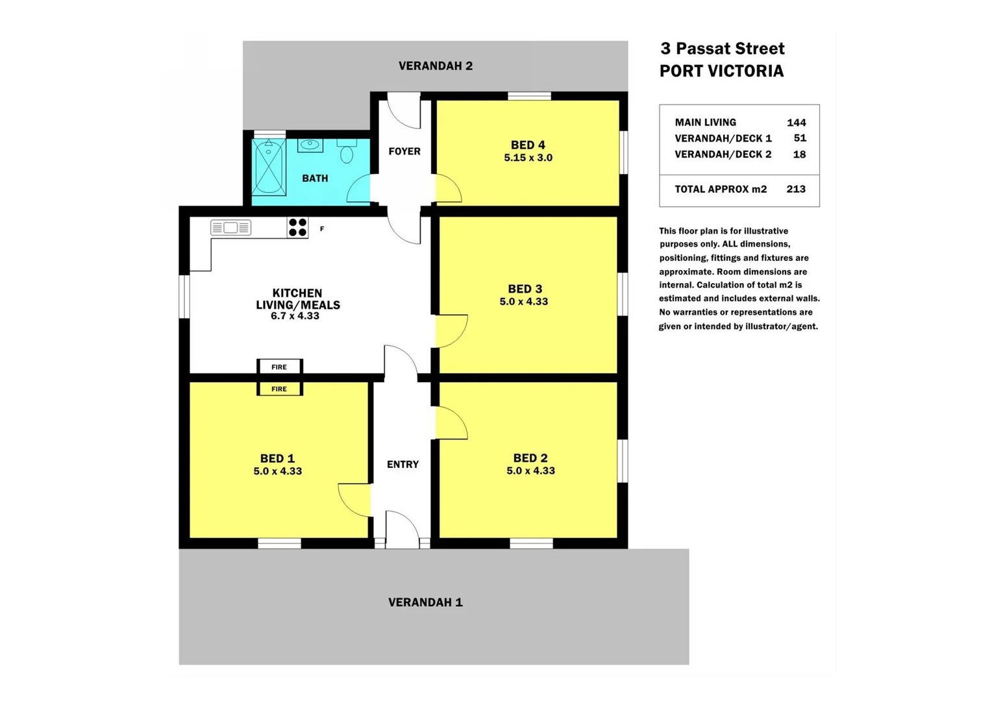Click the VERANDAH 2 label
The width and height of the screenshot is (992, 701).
tap(435, 66)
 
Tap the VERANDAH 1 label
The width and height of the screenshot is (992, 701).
tap(425, 602)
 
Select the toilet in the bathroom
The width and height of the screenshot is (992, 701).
tap(347, 153)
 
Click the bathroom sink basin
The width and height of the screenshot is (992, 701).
tap(310, 145)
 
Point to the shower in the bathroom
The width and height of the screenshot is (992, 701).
tap(269, 167)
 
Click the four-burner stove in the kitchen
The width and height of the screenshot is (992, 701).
tap(297, 228)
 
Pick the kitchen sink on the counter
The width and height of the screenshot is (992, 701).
tap(230, 228)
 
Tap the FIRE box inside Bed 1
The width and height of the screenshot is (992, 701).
tap(279, 389)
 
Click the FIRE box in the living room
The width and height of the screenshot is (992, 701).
tap(279, 367)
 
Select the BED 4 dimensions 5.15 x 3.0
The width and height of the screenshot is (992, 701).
tap(528, 158)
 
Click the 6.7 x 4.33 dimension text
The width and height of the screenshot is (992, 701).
tap(295, 316)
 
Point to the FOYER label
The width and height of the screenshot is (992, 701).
tap(404, 151)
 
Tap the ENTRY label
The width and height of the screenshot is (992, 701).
tap(403, 464)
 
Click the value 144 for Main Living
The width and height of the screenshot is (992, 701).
tap(796, 123)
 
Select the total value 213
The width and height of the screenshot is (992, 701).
tap(795, 189)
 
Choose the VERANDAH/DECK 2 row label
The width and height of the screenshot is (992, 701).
tap(723, 154)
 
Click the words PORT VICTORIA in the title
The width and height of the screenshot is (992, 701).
tap(721, 71)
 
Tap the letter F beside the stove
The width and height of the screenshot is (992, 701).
tap(322, 229)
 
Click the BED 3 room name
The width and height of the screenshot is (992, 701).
tap(525, 289)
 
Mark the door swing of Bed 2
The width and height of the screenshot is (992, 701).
tap(452, 424)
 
